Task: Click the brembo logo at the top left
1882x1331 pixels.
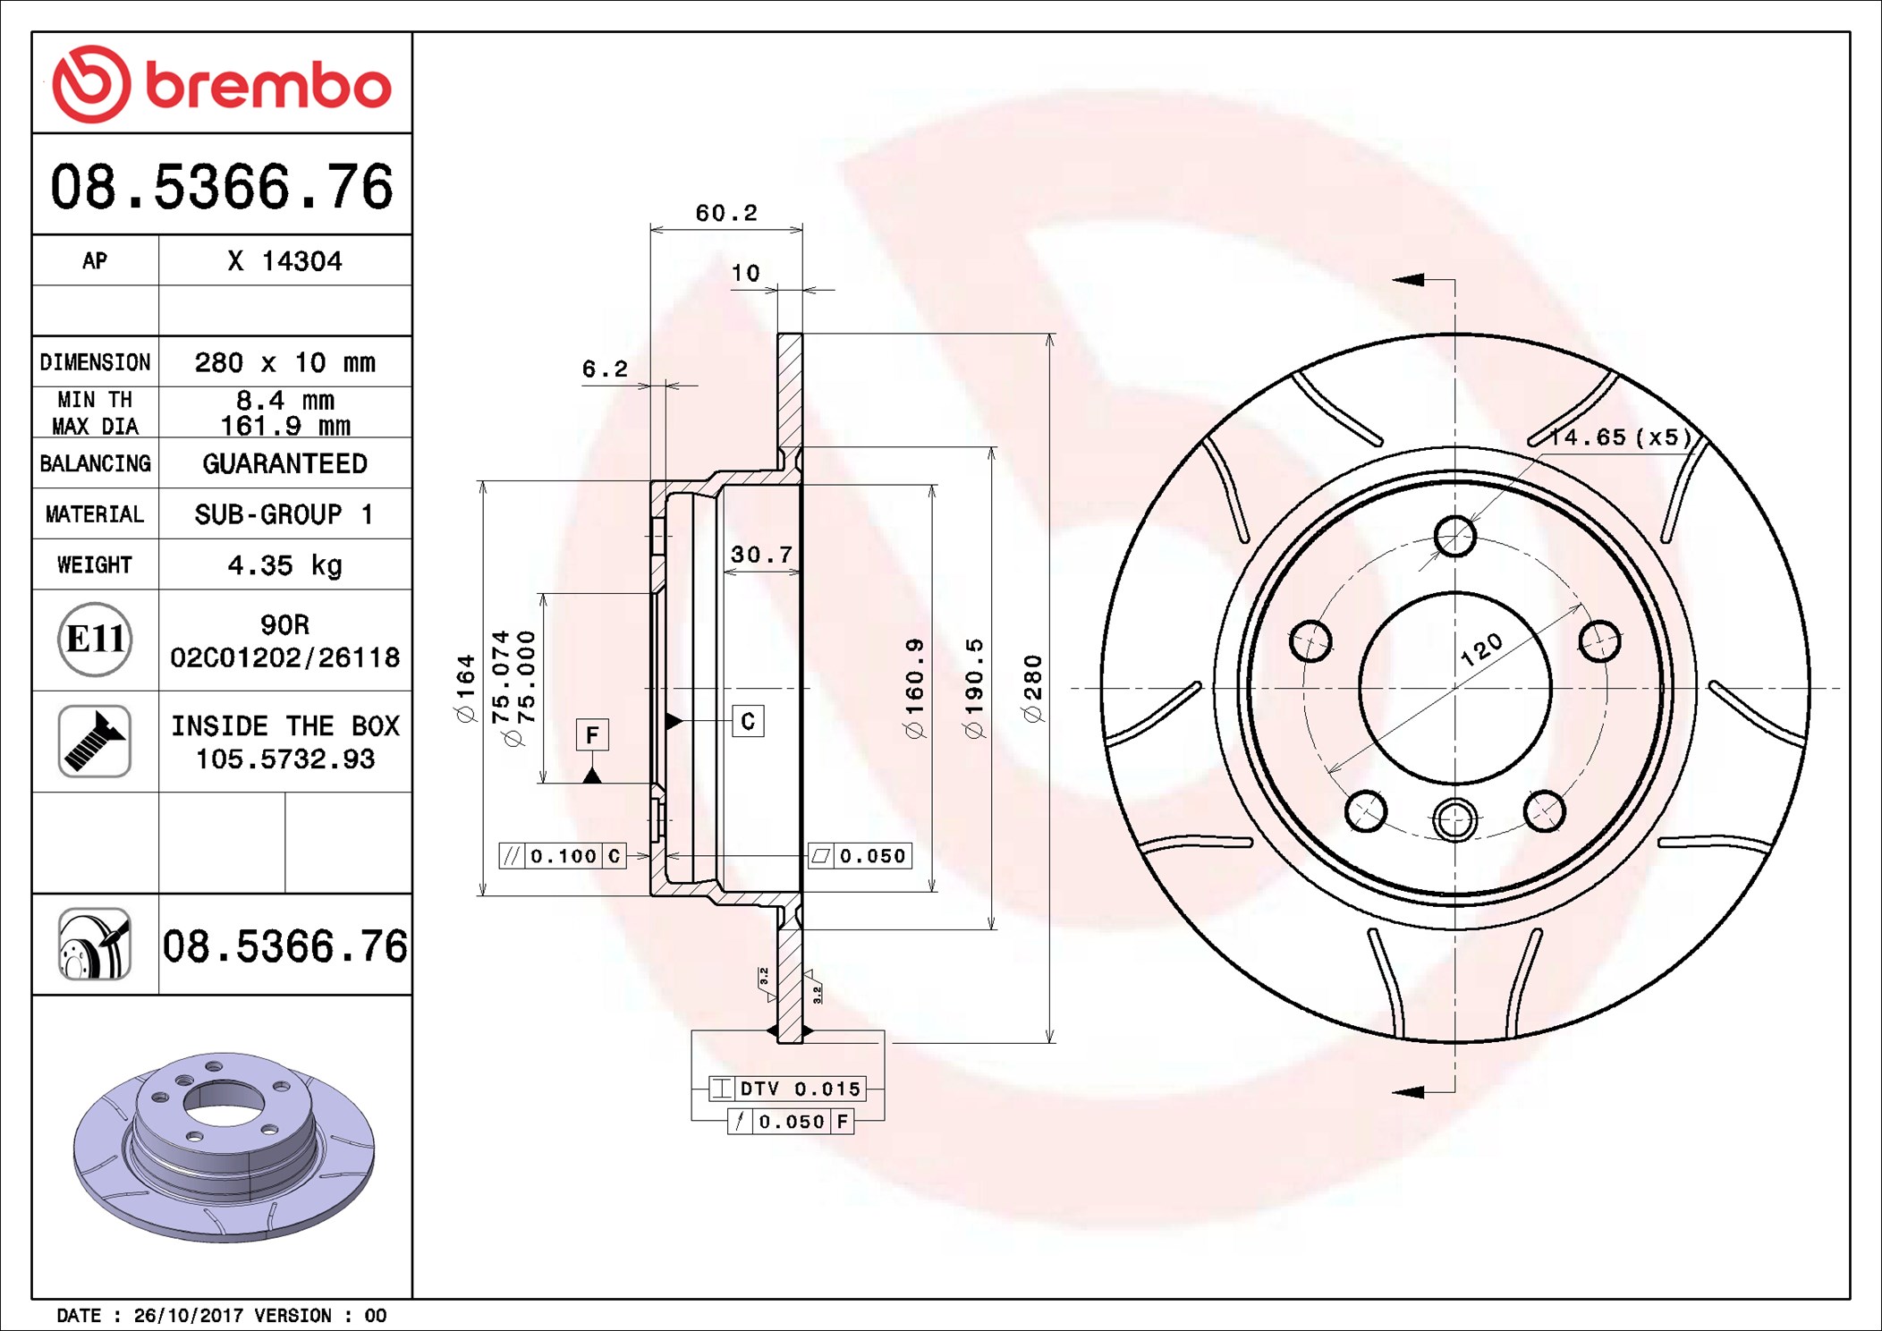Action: pyautogui.click(x=221, y=84)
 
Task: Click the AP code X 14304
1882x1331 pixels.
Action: pyautogui.click(x=284, y=261)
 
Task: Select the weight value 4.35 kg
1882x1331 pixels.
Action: pyautogui.click(x=284, y=565)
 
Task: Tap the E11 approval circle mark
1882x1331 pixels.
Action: pyautogui.click(x=95, y=640)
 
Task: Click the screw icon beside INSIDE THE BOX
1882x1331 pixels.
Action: pyautogui.click(x=95, y=741)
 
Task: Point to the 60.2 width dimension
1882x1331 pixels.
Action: pyautogui.click(x=725, y=213)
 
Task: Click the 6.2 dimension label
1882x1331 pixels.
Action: pyautogui.click(x=605, y=369)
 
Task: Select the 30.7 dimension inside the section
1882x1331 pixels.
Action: pyautogui.click(x=761, y=555)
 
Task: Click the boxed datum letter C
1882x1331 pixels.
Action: pyautogui.click(x=748, y=721)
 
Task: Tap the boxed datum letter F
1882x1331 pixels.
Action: pyautogui.click(x=592, y=735)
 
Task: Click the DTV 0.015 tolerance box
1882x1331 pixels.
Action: pyautogui.click(x=787, y=1089)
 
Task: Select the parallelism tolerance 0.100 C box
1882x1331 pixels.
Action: pyautogui.click(x=562, y=856)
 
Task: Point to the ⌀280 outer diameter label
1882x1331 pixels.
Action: pyautogui.click(x=1033, y=688)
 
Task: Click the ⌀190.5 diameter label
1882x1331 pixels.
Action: pyautogui.click(x=974, y=688)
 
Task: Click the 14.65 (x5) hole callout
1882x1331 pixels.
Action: pyautogui.click(x=1620, y=437)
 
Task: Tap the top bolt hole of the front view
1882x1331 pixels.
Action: pyautogui.click(x=1454, y=536)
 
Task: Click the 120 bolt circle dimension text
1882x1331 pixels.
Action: pyautogui.click(x=1481, y=650)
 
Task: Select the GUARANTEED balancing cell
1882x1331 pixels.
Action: pyautogui.click(x=284, y=463)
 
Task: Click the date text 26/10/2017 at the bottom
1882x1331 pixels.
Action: pyautogui.click(x=188, y=1315)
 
